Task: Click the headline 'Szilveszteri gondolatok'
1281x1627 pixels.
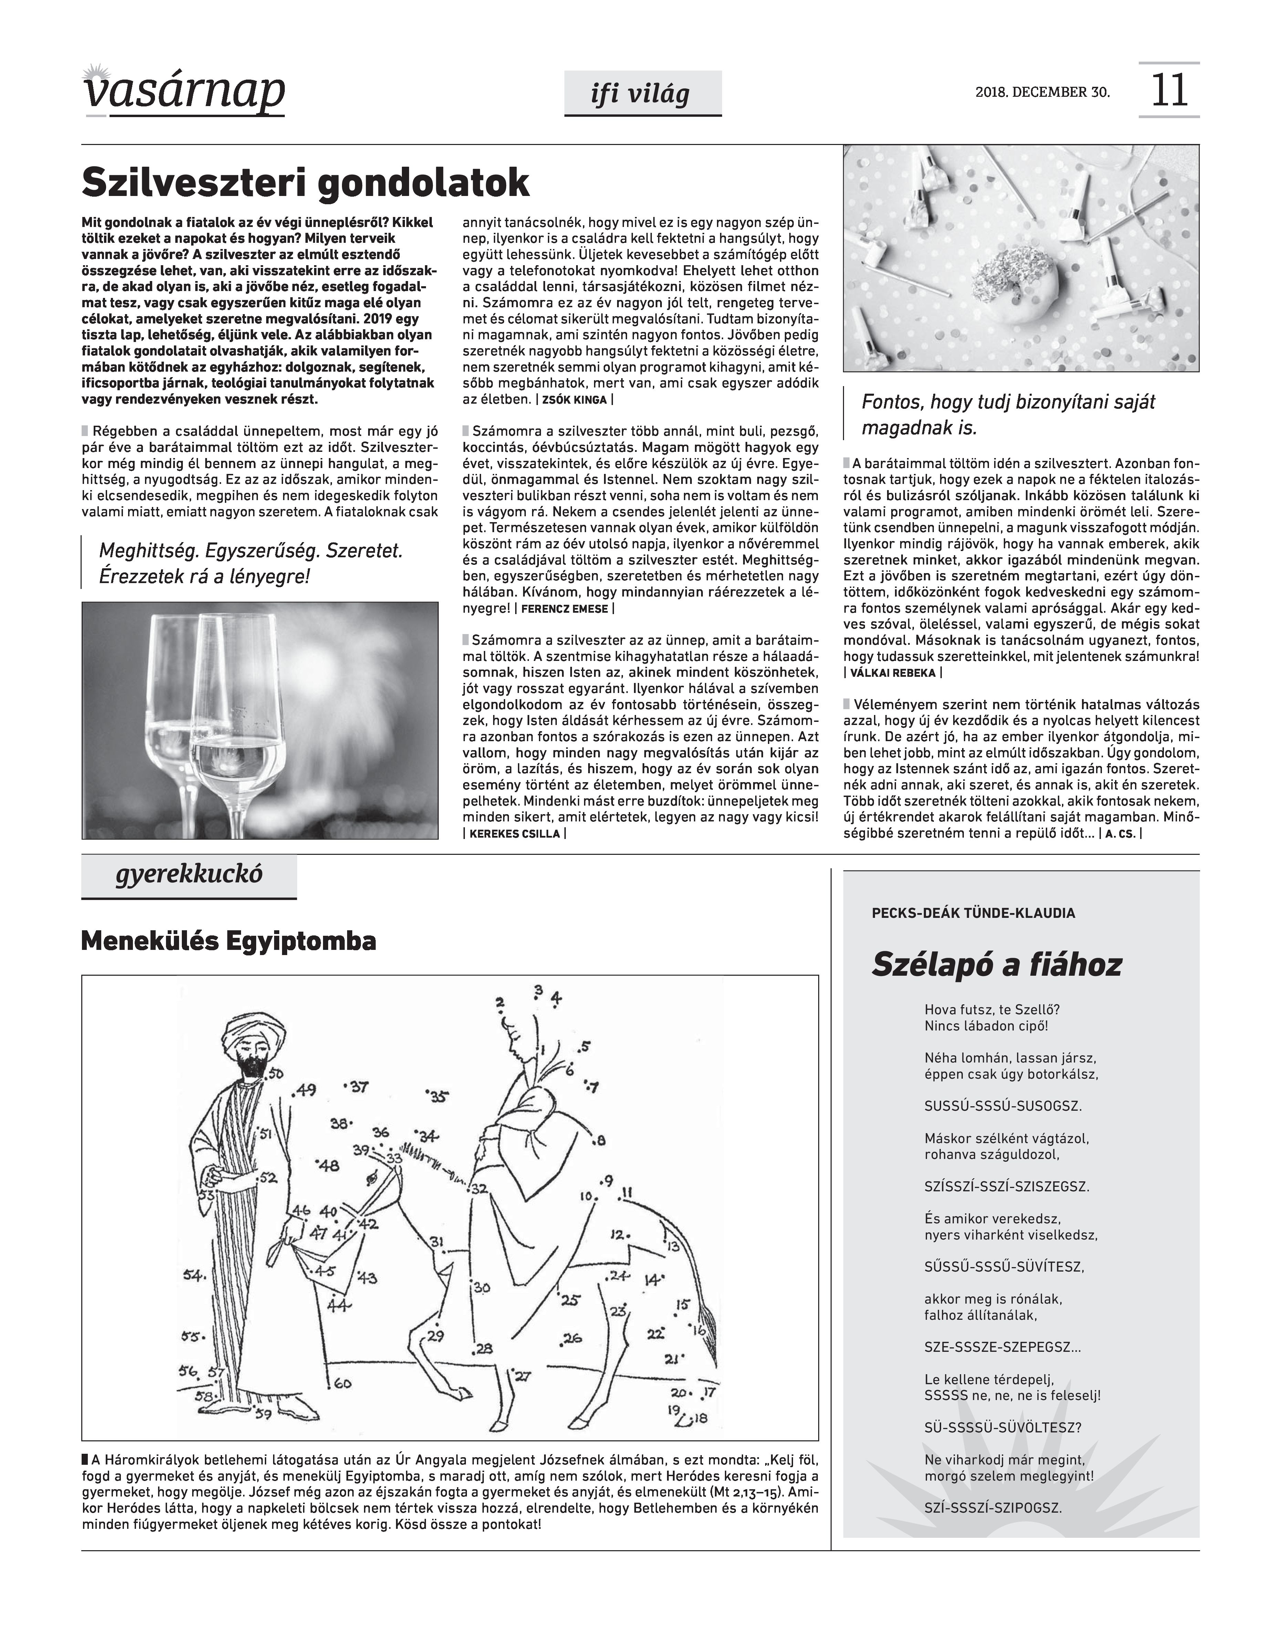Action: point(305,182)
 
